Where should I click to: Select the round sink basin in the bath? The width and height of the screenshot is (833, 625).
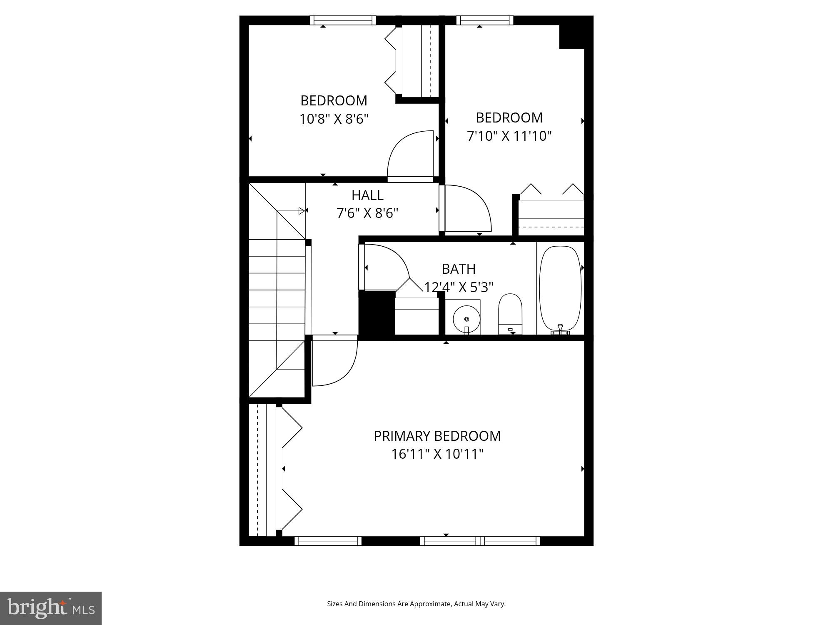[x=466, y=319]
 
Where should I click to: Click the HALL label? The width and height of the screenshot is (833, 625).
[x=367, y=195]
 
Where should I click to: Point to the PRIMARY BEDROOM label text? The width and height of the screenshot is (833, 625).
[x=437, y=436]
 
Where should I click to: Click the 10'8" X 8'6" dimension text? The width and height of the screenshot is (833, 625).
[x=334, y=119]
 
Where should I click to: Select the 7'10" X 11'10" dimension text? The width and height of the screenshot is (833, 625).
[x=509, y=136]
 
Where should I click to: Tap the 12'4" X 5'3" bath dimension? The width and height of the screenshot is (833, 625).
[x=459, y=287]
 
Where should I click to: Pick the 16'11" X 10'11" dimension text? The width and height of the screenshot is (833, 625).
[x=437, y=454]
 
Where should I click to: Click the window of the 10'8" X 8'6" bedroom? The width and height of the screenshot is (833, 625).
[x=343, y=20]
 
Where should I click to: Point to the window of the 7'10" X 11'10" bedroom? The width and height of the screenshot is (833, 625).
[x=484, y=20]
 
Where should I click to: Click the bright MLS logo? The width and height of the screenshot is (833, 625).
[x=50, y=608]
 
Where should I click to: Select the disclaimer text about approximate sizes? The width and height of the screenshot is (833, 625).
[x=416, y=604]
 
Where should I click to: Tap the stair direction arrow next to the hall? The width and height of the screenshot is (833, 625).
[x=302, y=211]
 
